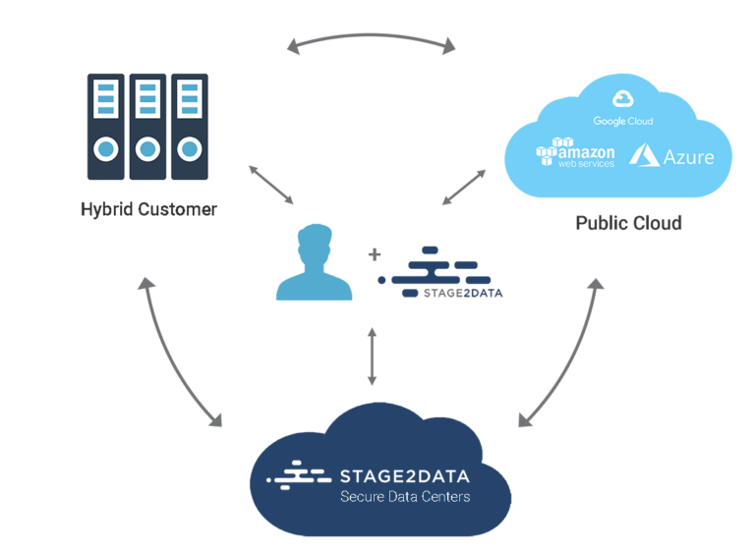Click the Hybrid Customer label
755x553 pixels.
pos(149,209)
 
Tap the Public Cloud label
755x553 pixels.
pos(628,224)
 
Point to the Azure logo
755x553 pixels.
pos(671,154)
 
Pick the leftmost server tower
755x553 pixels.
pos(106,128)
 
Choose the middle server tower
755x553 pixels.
pos(147,128)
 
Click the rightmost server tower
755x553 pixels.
pos(189,128)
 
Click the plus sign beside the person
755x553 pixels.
pos(374,254)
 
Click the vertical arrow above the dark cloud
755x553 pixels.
pos(372,356)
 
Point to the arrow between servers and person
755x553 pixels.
pos(270,185)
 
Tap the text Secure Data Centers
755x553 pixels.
pos(404,497)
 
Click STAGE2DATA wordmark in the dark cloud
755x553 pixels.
pos(404,476)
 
